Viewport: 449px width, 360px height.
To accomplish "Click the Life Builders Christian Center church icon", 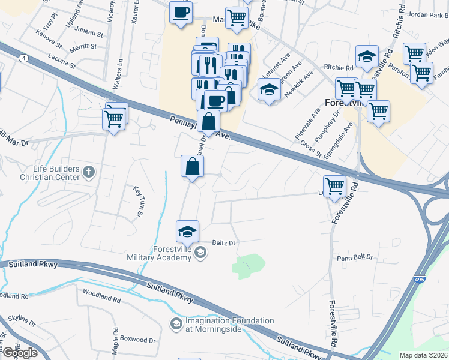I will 88,173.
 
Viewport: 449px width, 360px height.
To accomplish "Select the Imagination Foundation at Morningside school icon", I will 176,325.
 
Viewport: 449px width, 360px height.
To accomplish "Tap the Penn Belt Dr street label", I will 355,257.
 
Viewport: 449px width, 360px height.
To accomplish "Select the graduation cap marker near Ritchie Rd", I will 367,56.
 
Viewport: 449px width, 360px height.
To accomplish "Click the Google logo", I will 19,353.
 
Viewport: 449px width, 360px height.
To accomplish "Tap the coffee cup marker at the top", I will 180,12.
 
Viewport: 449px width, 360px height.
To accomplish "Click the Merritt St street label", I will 83,46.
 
